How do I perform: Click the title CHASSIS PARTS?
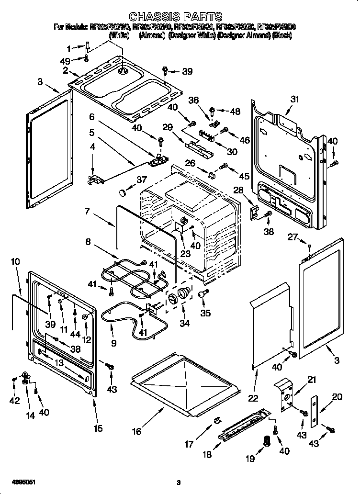[x=177, y=18]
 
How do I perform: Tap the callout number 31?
[x=294, y=99]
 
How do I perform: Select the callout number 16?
[x=136, y=431]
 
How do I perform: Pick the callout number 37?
[x=141, y=180]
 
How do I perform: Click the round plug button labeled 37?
[x=123, y=192]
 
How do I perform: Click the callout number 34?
[x=184, y=324]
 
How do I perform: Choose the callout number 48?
[x=235, y=112]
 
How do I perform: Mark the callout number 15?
[x=98, y=428]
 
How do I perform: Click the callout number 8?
[x=88, y=242]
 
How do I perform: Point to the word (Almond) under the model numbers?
[x=151, y=35]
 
